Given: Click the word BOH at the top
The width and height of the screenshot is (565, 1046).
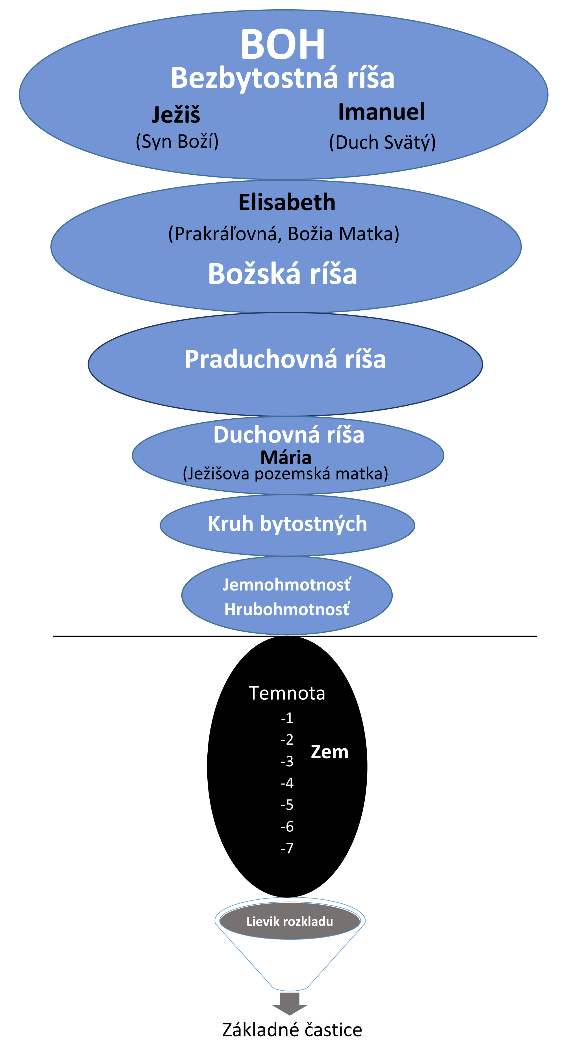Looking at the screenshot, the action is tap(282, 44).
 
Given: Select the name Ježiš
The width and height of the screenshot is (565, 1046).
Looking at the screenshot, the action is tap(176, 115).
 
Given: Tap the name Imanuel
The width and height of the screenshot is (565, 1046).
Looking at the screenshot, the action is tap(382, 112).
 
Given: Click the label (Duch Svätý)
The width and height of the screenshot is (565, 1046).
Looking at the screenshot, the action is tap(382, 142).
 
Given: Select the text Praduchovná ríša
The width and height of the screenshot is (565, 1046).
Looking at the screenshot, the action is tap(285, 359).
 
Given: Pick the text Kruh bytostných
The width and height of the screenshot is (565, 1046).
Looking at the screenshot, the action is tap(287, 524).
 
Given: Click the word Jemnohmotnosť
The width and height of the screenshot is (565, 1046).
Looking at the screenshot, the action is tap(286, 585).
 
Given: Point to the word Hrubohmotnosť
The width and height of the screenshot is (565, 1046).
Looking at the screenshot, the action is tap(286, 610).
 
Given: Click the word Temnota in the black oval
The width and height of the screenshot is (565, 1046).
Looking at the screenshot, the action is tap(287, 693).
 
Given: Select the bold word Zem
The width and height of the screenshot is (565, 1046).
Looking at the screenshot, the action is tap(330, 752).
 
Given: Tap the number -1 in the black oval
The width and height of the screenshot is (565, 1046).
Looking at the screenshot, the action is tap(287, 718).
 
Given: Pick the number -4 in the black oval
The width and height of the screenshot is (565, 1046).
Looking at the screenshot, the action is tap(287, 783).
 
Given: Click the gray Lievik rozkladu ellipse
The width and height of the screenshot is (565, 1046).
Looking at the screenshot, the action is tap(290, 921).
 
